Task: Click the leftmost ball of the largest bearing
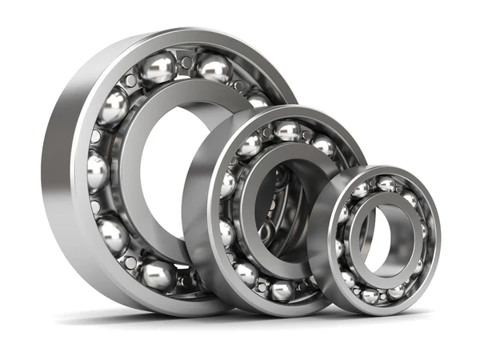pos(98,170)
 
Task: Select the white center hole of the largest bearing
pos(164,160)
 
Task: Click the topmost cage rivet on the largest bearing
pos(186,62)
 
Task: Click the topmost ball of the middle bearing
pos(286,130)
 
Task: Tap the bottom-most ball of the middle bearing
pos(281,290)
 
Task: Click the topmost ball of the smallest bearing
pos(386,185)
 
